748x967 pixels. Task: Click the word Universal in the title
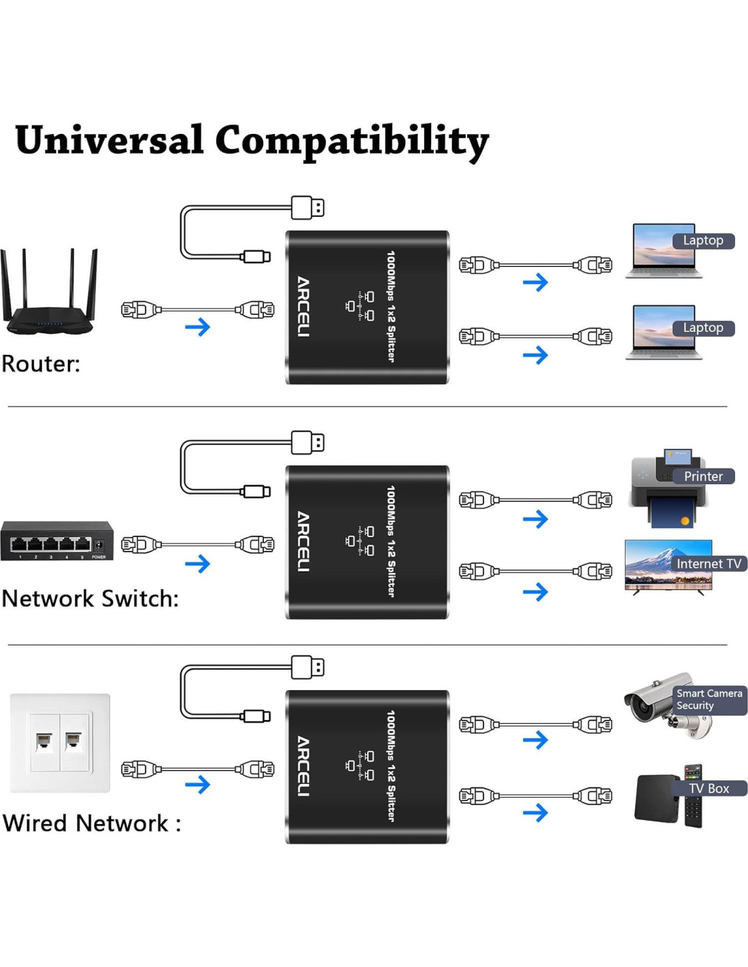point(109,140)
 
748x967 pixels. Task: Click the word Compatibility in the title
point(352,141)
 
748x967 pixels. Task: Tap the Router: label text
point(41,364)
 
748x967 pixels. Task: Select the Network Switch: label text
point(90,598)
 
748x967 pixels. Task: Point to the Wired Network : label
point(92,823)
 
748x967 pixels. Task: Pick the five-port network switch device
point(57,541)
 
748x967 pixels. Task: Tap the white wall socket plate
point(60,743)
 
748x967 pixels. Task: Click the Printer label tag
point(703,476)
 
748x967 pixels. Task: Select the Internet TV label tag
point(709,564)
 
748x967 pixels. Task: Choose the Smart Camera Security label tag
point(709,700)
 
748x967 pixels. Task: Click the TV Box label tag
point(709,788)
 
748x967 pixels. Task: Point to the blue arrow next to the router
point(198,327)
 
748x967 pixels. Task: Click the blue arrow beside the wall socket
point(198,785)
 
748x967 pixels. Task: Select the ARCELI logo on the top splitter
point(303,307)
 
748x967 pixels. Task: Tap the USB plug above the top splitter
point(308,207)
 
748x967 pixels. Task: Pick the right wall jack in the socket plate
point(73,740)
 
